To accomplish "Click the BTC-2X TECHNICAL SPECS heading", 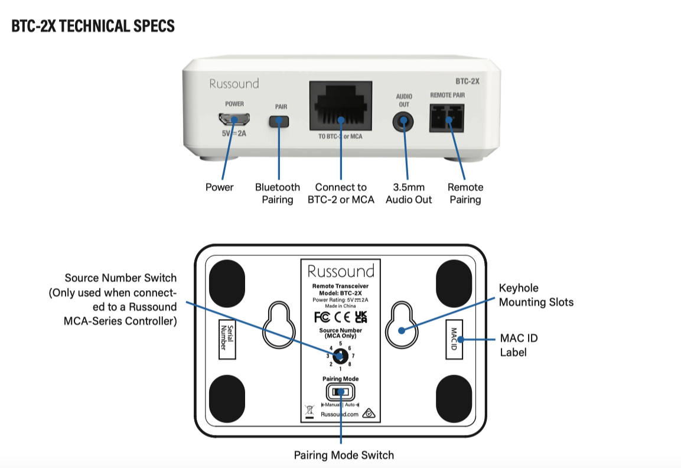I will [93, 27].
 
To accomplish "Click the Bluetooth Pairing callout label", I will [278, 193].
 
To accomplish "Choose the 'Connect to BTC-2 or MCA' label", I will [341, 193].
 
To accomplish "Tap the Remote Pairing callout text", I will [465, 193].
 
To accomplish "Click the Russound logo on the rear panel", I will [234, 84].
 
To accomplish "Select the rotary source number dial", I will [340, 356].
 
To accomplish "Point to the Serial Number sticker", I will [223, 337].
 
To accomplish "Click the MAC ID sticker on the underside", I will [454, 340].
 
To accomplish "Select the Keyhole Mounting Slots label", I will [536, 295].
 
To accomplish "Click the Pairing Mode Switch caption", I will [344, 455].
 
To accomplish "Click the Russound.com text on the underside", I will [340, 415].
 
